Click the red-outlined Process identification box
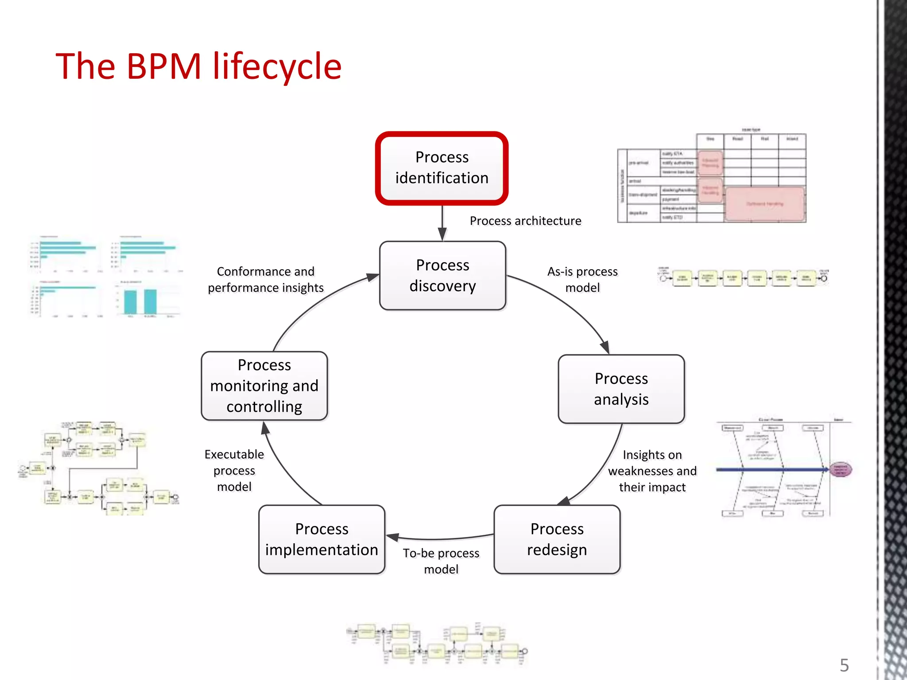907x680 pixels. (442, 168)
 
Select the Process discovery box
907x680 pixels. (442, 275)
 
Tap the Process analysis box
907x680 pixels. (621, 389)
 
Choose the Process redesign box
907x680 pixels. (557, 539)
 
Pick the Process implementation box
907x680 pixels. (322, 539)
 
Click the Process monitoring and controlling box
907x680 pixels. (264, 386)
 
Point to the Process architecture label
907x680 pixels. (525, 221)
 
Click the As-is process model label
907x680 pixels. (582, 279)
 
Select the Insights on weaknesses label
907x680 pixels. (652, 471)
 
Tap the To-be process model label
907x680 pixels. (441, 561)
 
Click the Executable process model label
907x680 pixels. (234, 470)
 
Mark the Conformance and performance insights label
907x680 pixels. (265, 279)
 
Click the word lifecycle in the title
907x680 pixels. (277, 66)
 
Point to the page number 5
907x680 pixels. (844, 665)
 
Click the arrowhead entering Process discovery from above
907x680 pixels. (442, 234)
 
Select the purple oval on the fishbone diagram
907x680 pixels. (840, 469)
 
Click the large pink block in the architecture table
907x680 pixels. (764, 204)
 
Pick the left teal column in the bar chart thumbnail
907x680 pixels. (130, 302)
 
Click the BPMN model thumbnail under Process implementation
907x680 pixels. (436, 644)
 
